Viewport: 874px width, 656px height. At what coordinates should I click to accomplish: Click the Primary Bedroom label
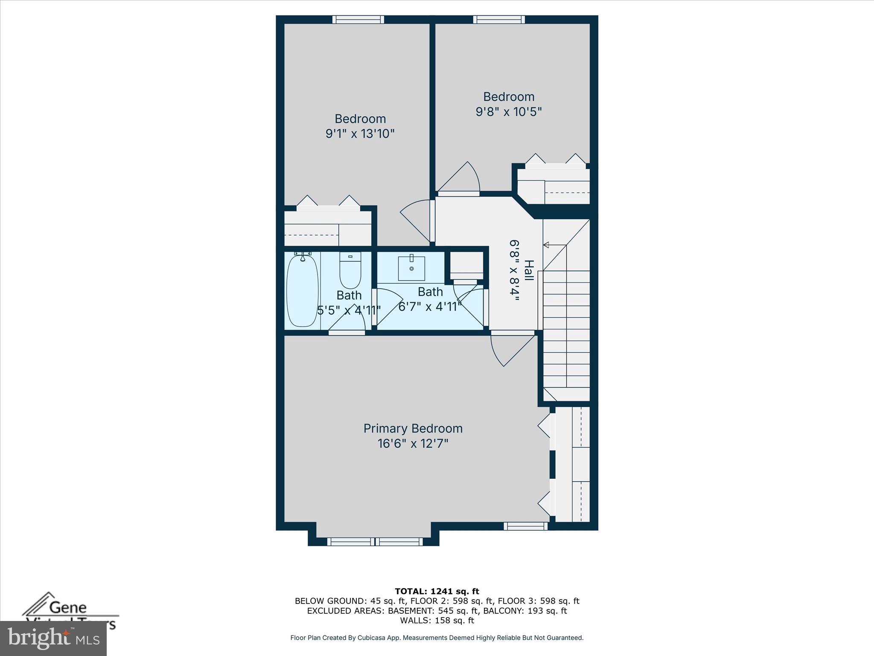click(x=413, y=428)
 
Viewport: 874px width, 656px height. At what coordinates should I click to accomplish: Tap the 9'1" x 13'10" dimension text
click(x=360, y=134)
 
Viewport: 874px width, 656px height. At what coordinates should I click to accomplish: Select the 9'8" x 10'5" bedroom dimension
click(x=509, y=112)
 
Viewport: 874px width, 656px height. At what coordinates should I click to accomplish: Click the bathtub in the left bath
click(x=302, y=291)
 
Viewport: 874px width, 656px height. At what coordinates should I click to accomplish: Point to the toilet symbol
click(x=350, y=270)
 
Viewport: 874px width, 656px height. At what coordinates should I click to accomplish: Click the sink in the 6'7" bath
click(x=411, y=268)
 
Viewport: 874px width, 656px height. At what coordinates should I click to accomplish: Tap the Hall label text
click(x=529, y=270)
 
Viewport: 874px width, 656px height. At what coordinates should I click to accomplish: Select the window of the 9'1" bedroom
click(x=358, y=20)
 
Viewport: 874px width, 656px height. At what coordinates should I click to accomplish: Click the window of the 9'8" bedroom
click(x=499, y=20)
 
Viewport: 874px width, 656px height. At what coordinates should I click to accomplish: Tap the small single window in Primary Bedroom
click(x=525, y=526)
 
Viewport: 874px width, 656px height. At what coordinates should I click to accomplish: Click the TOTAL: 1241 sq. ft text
click(x=437, y=591)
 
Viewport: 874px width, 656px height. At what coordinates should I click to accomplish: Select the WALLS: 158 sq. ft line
click(x=437, y=620)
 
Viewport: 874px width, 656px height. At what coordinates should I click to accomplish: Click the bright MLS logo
click(x=53, y=638)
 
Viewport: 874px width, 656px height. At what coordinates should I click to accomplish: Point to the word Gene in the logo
click(x=68, y=607)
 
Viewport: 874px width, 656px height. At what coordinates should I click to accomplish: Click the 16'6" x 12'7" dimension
click(x=413, y=444)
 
